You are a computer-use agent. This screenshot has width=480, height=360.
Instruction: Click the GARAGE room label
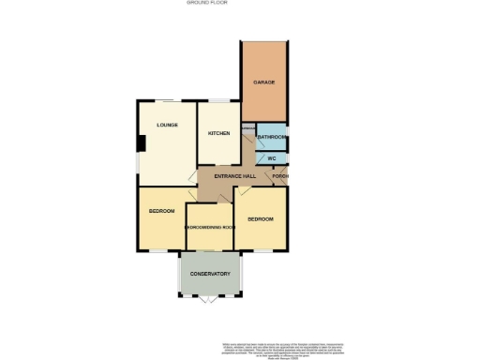point(264,82)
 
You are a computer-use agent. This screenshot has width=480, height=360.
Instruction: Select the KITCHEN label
point(218,134)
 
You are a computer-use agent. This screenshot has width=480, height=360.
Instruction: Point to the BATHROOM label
point(272,138)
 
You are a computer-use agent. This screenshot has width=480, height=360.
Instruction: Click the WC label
point(272,157)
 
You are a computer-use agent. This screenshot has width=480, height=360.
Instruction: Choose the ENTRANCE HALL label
point(235,176)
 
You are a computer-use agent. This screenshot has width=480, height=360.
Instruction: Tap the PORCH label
point(280,176)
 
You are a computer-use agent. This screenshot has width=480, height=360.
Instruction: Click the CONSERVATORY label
point(210,274)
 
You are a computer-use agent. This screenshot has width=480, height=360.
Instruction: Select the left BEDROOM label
point(162,211)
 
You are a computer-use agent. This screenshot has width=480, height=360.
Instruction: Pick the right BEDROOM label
point(260,218)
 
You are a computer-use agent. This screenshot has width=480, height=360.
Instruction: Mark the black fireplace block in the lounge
point(141,143)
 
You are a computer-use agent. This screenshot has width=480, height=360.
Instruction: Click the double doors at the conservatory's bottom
point(210,301)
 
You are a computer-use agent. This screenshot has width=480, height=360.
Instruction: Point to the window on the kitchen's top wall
point(217,100)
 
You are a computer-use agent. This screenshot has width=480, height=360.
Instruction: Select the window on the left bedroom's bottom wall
point(161,251)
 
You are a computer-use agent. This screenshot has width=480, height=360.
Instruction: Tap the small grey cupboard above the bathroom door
point(248,127)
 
